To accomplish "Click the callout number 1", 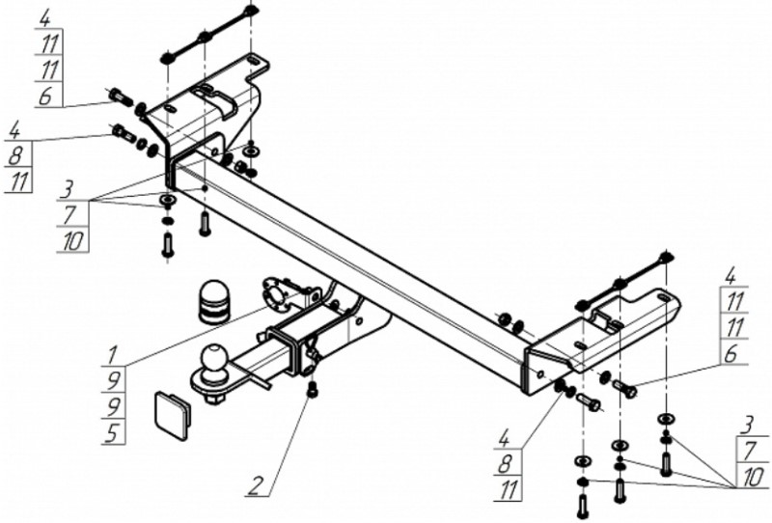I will [112, 354].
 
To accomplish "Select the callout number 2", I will [253, 486].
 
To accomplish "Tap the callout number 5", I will [112, 433].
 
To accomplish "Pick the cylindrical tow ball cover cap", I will [212, 302].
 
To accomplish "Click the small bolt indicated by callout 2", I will [311, 389].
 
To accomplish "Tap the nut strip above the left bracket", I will [207, 37].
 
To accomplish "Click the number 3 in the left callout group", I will [69, 186].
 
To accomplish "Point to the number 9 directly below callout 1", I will [112, 380].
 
